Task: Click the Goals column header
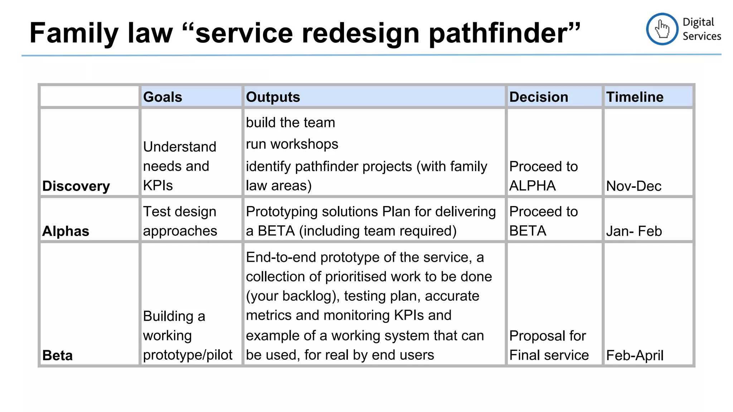click(162, 97)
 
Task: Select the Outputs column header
click(273, 97)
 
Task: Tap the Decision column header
click(538, 97)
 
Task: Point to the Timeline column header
click(635, 97)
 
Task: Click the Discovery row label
click(76, 186)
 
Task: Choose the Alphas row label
click(65, 231)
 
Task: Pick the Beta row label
click(57, 355)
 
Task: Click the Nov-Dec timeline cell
click(634, 186)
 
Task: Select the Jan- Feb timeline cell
click(634, 231)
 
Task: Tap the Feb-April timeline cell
click(635, 355)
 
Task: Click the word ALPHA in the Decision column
click(532, 186)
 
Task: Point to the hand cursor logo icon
click(662, 29)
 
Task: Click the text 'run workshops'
click(292, 144)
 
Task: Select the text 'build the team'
click(290, 123)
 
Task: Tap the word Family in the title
click(74, 33)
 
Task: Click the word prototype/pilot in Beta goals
click(188, 355)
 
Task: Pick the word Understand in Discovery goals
click(180, 147)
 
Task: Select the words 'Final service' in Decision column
click(549, 355)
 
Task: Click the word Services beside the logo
click(702, 36)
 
